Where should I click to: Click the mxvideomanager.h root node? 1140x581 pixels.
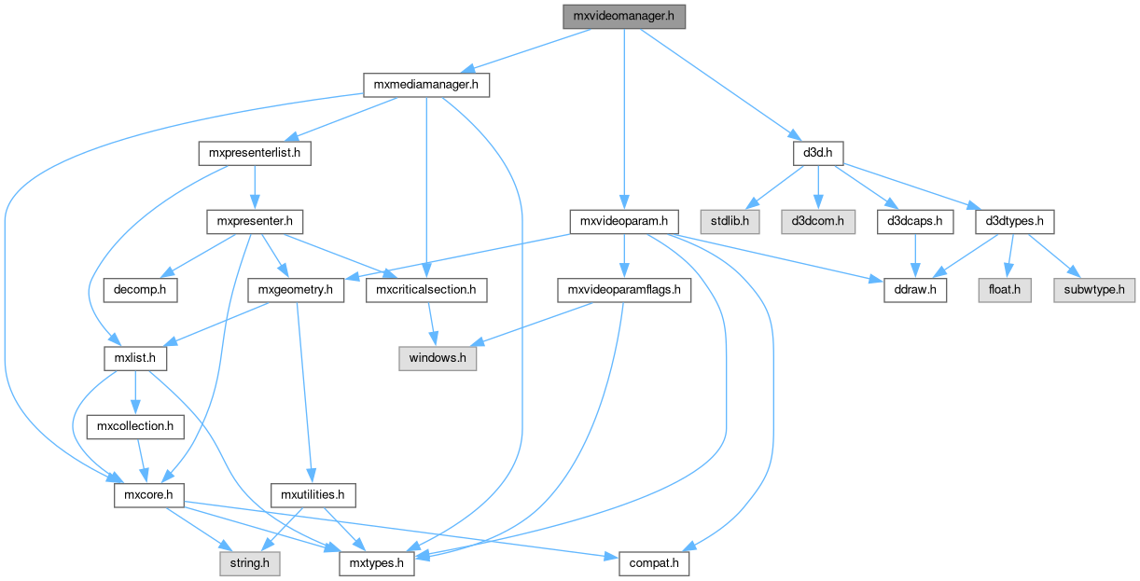[624, 15]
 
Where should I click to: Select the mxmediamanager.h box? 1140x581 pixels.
[426, 85]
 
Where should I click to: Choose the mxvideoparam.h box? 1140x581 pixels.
[623, 222]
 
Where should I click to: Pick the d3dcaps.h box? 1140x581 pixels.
[914, 222]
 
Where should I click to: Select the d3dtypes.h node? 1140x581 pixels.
[1014, 222]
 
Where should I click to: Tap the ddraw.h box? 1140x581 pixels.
[915, 290]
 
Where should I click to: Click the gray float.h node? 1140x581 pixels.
[1004, 290]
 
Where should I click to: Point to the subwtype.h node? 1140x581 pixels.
[1094, 290]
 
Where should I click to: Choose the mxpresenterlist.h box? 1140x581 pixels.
[254, 152]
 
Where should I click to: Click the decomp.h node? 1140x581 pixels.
[140, 290]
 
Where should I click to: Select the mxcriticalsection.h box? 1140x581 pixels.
[426, 290]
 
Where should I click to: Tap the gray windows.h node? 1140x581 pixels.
[438, 358]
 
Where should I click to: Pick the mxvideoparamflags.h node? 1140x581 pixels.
[623, 290]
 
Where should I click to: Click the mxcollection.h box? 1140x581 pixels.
[131, 426]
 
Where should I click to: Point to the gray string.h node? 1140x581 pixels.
[249, 563]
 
